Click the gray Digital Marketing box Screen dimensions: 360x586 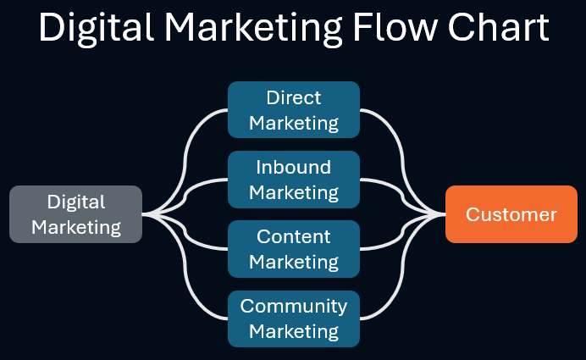tap(75, 214)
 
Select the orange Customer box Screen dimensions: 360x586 tap(511, 214)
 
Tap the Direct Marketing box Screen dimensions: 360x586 tap(294, 110)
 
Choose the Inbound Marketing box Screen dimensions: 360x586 tap(294, 180)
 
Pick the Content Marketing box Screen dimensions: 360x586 tap(294, 249)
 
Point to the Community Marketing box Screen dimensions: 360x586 tap(294, 318)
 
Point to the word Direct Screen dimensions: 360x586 tap(294, 98)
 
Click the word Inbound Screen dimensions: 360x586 tap(294, 168)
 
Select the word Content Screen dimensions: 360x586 tap(294, 237)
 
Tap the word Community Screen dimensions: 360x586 tap(294, 306)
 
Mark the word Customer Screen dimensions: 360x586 tap(511, 214)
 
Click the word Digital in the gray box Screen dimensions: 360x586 tap(76, 202)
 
